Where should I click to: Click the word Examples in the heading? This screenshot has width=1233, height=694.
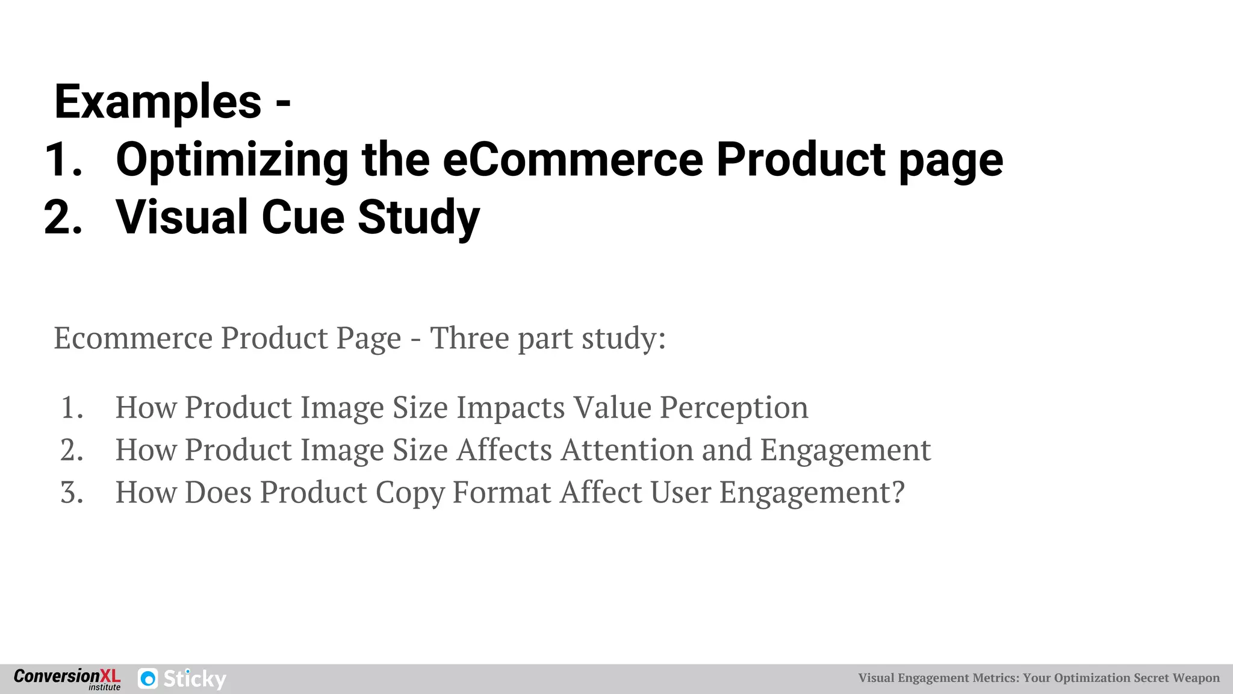(x=158, y=102)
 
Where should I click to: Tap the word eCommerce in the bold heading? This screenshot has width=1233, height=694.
(x=573, y=160)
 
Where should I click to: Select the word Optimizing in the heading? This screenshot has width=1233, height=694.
(x=232, y=161)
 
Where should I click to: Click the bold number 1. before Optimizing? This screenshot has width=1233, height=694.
(x=63, y=160)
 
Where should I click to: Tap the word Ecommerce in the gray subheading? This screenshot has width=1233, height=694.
(x=133, y=337)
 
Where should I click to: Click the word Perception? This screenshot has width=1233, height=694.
(x=734, y=408)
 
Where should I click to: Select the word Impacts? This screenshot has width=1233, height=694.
(x=511, y=408)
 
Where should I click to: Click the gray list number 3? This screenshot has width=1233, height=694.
(x=72, y=493)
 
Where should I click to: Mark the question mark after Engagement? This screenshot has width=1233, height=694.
(x=898, y=492)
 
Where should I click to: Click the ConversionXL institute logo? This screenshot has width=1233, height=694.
(x=67, y=679)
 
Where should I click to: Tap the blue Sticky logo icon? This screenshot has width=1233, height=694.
(x=148, y=679)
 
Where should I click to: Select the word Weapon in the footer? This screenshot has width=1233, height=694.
(x=1196, y=678)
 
